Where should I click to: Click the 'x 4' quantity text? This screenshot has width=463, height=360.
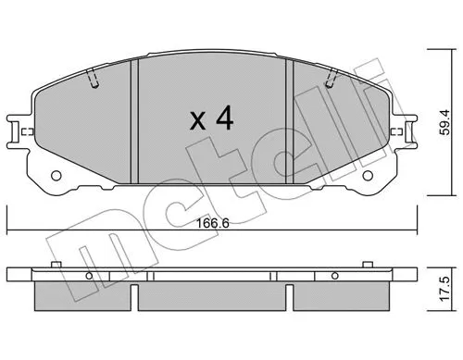pos(210,119)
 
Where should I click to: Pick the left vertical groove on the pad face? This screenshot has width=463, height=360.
pos(133,120)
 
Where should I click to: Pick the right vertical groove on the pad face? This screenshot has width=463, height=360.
pos(291,120)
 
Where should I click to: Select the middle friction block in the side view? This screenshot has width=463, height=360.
pos(211,295)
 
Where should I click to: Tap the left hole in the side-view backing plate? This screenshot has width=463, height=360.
pos(92,276)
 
